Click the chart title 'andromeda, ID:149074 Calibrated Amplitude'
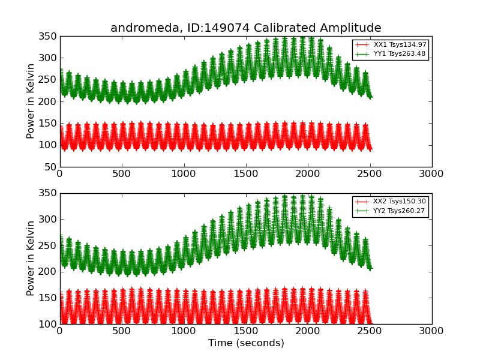[245, 28]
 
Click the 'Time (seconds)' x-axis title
[246, 343]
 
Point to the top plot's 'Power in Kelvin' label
[31, 101]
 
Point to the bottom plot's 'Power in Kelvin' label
[31, 259]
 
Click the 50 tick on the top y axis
[50, 167]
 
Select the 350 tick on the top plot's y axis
[48, 37]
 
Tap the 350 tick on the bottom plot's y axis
[48, 194]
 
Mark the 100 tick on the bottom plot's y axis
[48, 324]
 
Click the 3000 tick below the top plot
[431, 174]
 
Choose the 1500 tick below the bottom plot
[245, 331]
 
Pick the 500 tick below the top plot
[122, 174]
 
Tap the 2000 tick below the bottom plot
[308, 331]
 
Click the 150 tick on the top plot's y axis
[48, 124]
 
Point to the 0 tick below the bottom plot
[60, 331]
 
